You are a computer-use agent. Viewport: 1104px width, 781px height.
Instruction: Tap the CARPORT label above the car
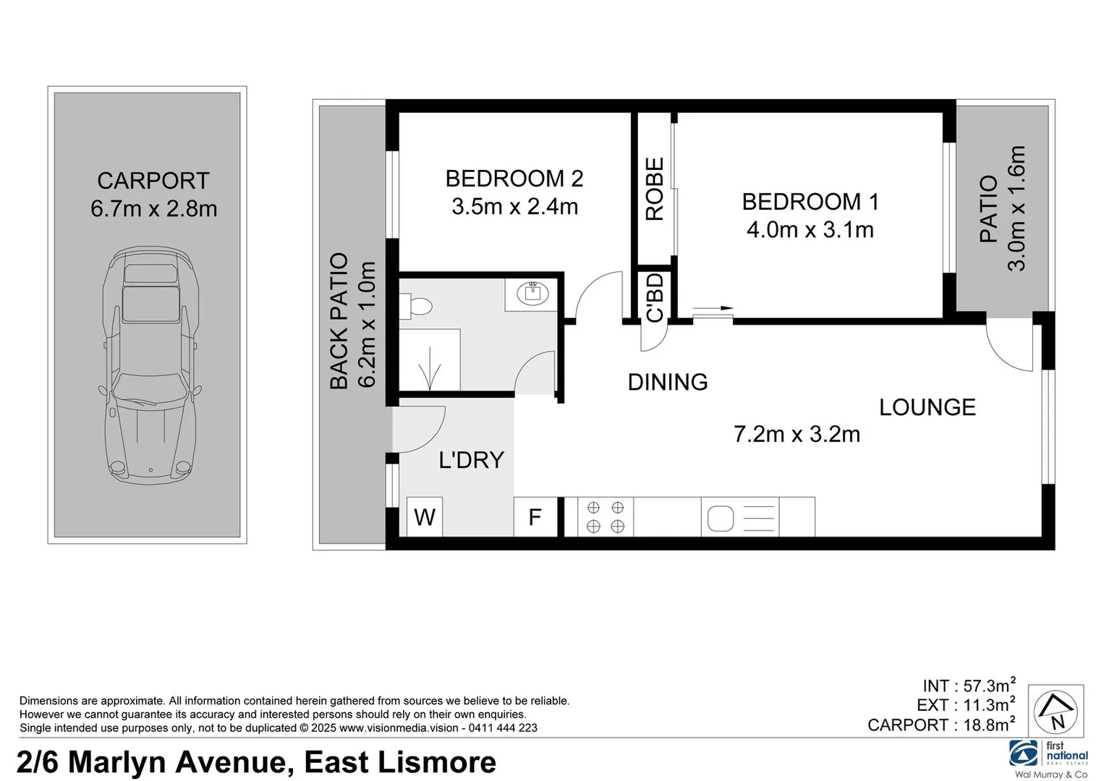pos(153,181)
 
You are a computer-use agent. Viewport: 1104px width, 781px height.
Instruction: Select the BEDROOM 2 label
pos(514,179)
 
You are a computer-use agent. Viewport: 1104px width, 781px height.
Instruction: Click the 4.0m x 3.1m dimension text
pos(810,230)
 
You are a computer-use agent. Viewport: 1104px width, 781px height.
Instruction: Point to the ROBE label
pos(654,189)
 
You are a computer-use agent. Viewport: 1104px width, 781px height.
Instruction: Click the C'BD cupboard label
pos(654,297)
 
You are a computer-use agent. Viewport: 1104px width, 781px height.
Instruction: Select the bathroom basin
pos(532,294)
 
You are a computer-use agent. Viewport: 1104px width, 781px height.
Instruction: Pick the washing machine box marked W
pos(425,517)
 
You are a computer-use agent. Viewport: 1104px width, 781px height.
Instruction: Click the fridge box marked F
pos(535,517)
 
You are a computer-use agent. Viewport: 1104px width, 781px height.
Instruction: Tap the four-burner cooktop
pos(606,517)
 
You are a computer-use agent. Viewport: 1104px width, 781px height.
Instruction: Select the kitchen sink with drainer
pos(739,518)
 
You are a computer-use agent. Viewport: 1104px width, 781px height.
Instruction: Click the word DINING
pos(667,382)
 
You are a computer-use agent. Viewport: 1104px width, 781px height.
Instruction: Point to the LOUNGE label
pos(927,407)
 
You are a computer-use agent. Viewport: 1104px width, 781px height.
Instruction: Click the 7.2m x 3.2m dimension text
pos(797,434)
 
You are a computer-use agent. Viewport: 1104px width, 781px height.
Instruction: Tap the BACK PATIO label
pos(339,321)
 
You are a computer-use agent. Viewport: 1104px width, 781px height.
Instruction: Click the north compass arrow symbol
pos(1056,711)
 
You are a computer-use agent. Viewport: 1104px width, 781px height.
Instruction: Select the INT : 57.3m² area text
pos(969,685)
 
